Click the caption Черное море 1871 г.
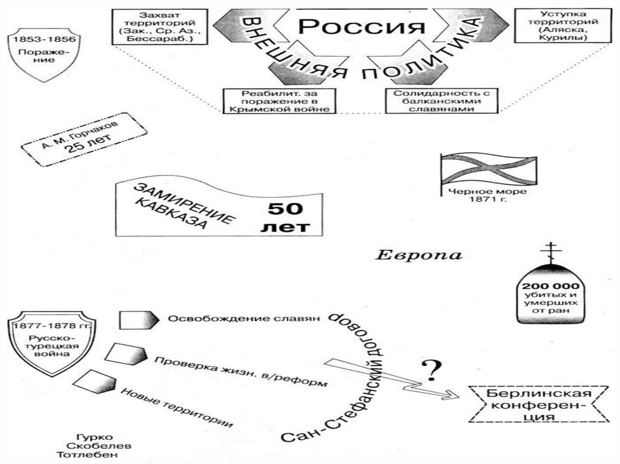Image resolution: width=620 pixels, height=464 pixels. (x=487, y=196)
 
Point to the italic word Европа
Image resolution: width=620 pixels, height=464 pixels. (x=419, y=255)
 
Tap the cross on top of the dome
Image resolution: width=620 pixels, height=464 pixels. (x=550, y=250)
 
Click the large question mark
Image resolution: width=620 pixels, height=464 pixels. (x=430, y=368)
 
